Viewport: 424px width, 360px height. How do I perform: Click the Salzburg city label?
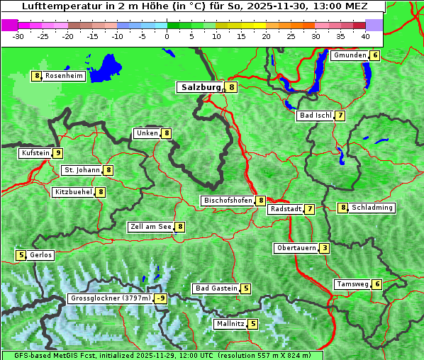pyautogui.click(x=201, y=87)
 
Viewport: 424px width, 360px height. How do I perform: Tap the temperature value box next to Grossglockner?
pyautogui.click(x=162, y=298)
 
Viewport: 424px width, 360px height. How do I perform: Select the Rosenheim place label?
pyautogui.click(x=64, y=76)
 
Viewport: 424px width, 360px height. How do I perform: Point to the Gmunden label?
pyautogui.click(x=350, y=55)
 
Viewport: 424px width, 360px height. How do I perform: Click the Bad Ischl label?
pyautogui.click(x=316, y=116)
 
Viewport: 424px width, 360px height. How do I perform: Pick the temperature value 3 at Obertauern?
pyautogui.click(x=324, y=248)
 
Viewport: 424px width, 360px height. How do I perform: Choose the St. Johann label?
pyautogui.click(x=82, y=170)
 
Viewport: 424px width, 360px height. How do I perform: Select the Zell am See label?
pyautogui.click(x=151, y=227)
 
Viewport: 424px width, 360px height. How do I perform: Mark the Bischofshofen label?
pyautogui.click(x=228, y=201)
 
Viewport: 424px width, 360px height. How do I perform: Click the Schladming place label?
pyautogui.click(x=372, y=208)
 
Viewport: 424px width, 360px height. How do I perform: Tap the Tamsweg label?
pyautogui.click(x=352, y=284)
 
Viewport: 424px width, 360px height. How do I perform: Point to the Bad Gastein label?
pyautogui.click(x=216, y=288)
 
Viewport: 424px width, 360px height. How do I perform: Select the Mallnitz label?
pyautogui.click(x=230, y=324)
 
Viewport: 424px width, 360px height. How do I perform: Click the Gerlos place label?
pyautogui.click(x=40, y=255)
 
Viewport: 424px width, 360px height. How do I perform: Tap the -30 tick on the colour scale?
pyautogui.click(x=18, y=36)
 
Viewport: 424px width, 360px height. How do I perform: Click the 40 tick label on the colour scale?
pyautogui.click(x=365, y=36)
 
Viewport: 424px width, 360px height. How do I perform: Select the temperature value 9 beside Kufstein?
pyautogui.click(x=58, y=153)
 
